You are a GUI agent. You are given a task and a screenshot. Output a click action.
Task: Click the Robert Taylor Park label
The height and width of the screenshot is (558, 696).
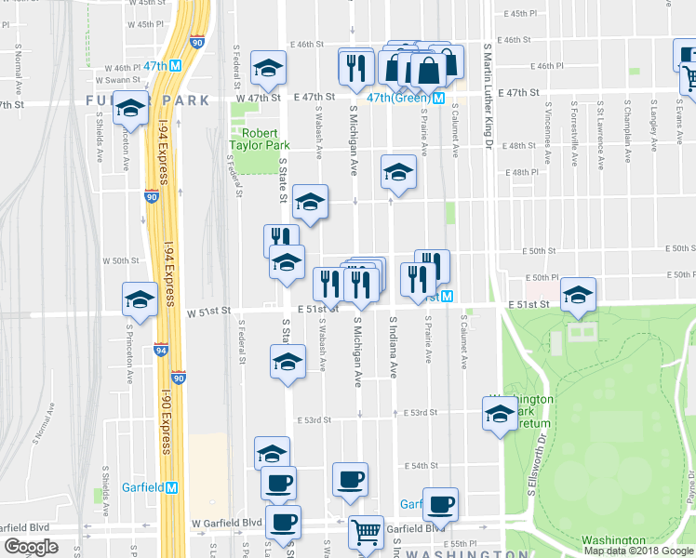tap(261, 139)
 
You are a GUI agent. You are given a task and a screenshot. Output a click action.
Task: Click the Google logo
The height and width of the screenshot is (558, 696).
tap(32, 547)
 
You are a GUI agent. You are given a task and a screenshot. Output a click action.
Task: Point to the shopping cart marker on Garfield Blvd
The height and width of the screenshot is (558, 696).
tap(366, 532)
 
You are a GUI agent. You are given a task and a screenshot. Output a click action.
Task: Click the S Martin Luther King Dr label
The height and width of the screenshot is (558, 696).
tap(487, 93)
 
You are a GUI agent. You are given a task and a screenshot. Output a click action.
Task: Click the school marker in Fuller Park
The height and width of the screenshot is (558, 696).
tap(131, 110)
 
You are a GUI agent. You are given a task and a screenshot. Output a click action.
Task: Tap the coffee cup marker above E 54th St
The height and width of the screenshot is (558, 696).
tap(350, 479)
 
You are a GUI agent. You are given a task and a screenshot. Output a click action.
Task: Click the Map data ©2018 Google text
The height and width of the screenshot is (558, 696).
tap(639, 551)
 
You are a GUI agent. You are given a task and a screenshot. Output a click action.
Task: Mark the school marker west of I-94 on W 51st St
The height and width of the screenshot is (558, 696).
tap(140, 299)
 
